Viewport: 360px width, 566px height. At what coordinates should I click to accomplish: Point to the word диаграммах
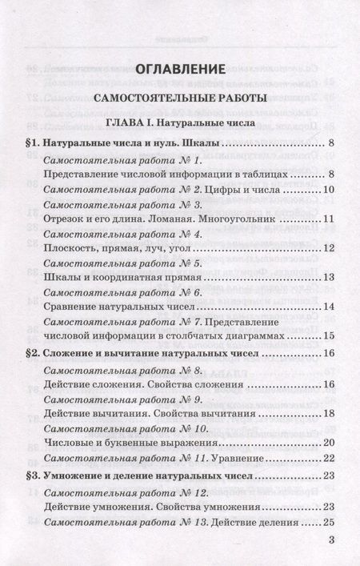tap(258, 335)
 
